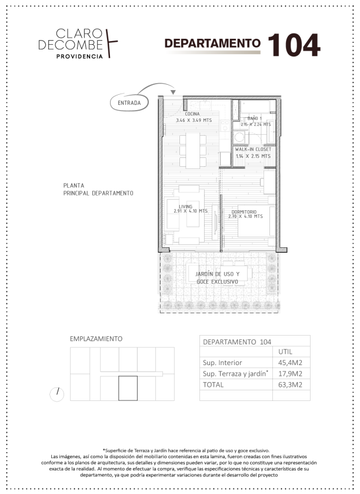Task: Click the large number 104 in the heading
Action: click(294, 45)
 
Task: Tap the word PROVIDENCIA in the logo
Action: click(79, 57)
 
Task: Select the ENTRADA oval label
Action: click(129, 102)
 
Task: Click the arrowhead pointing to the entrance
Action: click(173, 92)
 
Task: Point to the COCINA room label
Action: click(192, 114)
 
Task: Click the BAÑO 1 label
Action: click(254, 118)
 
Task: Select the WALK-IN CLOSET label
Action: click(253, 150)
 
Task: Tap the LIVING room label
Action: click(186, 206)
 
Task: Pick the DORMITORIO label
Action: click(244, 212)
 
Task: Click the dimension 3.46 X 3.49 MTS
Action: click(194, 120)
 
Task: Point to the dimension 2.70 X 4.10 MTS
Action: click(245, 217)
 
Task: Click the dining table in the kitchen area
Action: click(192, 150)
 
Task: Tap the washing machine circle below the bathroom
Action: click(239, 137)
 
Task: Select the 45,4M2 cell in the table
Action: click(290, 363)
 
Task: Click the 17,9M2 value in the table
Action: click(290, 374)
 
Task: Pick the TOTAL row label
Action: click(213, 384)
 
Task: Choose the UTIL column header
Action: click(285, 352)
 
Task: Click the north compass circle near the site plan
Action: click(57, 394)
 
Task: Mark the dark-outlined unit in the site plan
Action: click(128, 388)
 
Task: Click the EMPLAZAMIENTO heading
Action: click(96, 339)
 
